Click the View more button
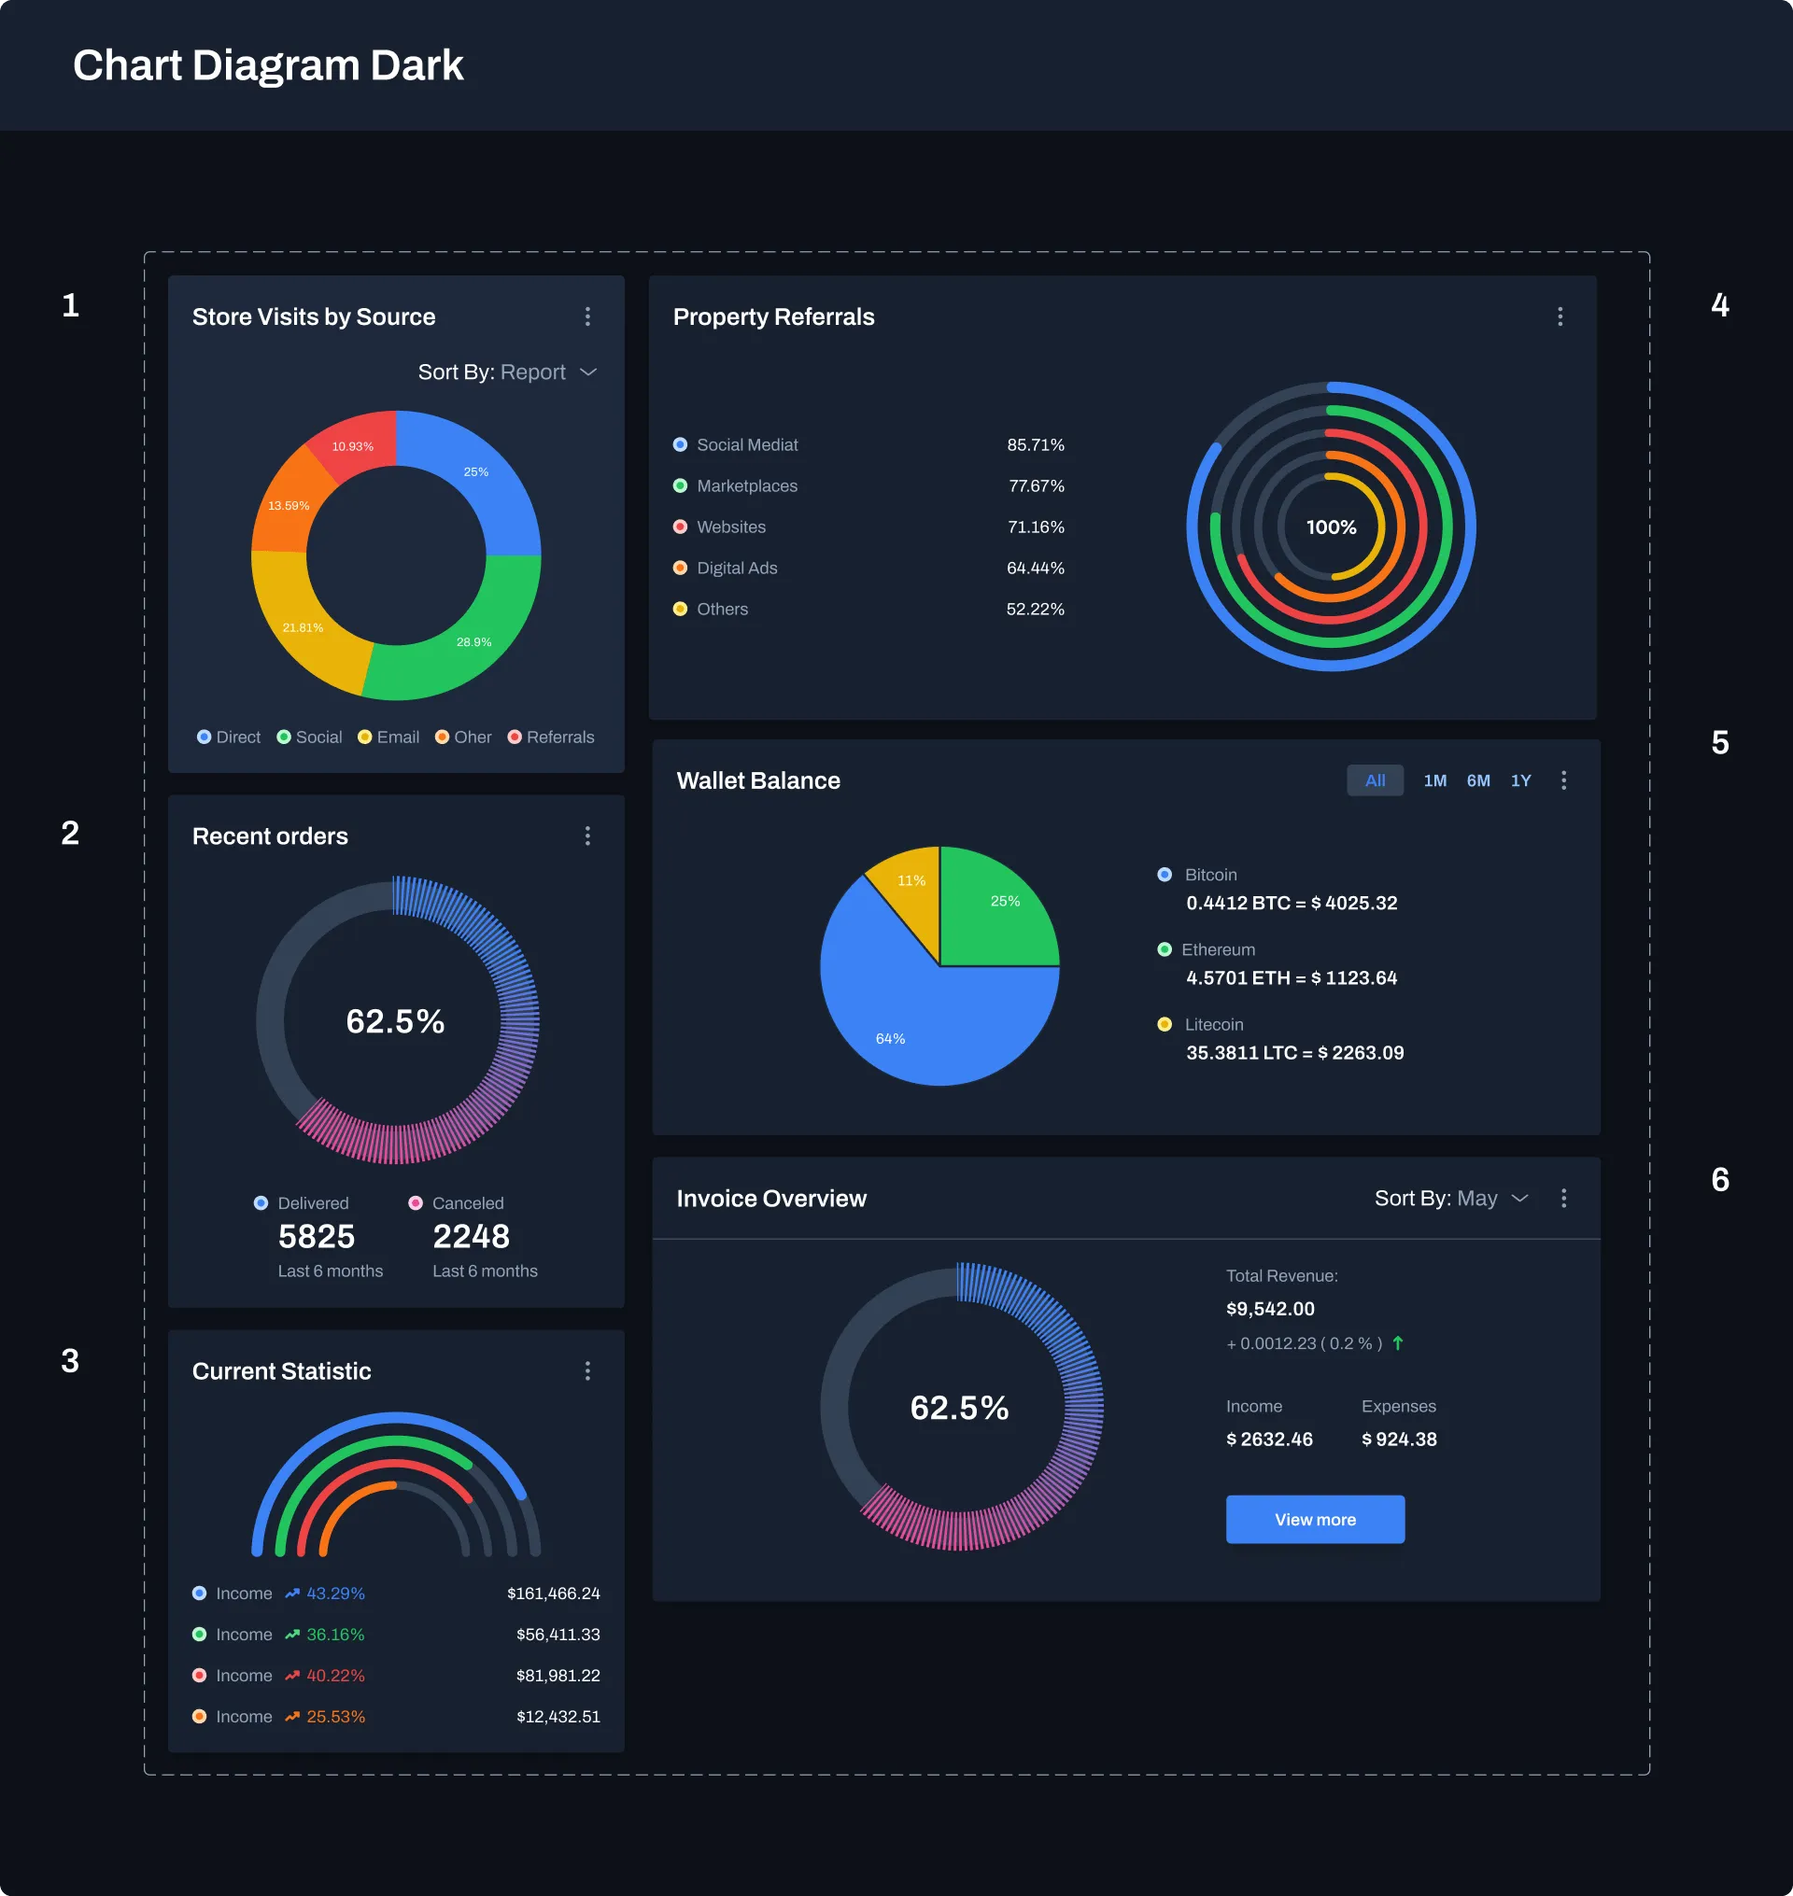point(1314,1519)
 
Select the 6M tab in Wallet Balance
point(1477,779)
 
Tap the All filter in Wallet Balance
point(1375,779)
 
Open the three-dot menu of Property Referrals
point(1560,316)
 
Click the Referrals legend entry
point(559,737)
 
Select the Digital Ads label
point(737,568)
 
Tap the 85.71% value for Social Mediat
point(1035,444)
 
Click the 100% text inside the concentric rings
point(1331,527)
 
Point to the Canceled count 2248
point(472,1236)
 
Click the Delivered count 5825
point(317,1236)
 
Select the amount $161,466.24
point(554,1593)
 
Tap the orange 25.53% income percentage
point(335,1717)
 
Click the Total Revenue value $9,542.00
point(1270,1308)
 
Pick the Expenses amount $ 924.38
point(1398,1439)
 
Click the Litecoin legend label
point(1214,1023)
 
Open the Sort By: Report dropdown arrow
point(588,372)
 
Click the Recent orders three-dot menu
point(587,836)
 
